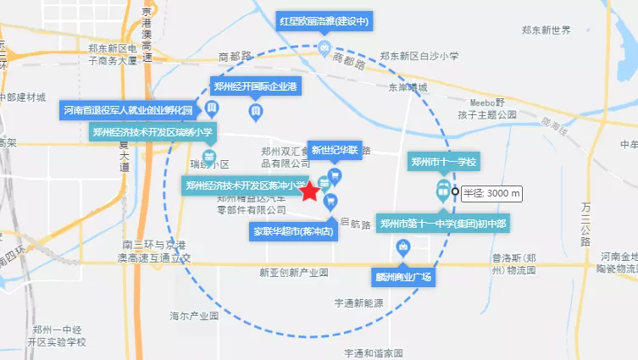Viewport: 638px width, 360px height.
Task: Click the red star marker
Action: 310,191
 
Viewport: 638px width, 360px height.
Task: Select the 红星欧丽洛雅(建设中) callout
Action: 325,22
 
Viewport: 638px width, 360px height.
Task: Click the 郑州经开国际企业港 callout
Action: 255,86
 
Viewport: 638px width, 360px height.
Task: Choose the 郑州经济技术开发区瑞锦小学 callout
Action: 153,130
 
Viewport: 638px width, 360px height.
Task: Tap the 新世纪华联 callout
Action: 335,151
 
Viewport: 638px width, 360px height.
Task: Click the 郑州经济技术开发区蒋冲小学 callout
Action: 245,185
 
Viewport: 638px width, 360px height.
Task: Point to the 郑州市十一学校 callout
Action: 443,162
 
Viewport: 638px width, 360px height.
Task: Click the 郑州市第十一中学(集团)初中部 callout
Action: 443,224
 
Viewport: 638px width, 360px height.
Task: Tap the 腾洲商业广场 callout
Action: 403,277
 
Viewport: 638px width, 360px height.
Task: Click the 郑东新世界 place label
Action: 546,30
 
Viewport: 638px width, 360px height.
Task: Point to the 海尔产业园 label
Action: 195,316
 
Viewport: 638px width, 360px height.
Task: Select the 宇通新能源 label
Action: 358,302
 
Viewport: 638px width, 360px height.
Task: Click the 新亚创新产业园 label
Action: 293,274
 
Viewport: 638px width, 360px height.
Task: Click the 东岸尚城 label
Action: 408,87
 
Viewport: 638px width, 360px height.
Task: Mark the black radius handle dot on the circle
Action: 455,191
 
